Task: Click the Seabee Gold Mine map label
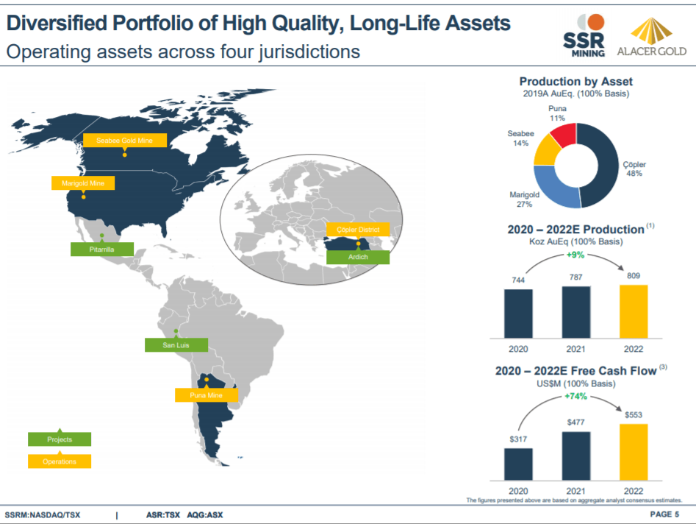click(x=124, y=140)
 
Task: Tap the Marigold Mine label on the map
click(x=83, y=183)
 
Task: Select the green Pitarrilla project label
click(x=102, y=249)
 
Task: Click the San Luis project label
click(x=176, y=344)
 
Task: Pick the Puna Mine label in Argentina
click(x=207, y=395)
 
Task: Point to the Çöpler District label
click(x=358, y=230)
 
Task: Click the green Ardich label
click(x=358, y=258)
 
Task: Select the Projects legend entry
click(x=60, y=439)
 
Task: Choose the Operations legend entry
click(x=60, y=461)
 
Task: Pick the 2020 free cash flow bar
click(x=518, y=464)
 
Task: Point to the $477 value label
click(x=576, y=422)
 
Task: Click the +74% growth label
click(x=576, y=396)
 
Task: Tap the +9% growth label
click(x=575, y=255)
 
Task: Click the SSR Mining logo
click(x=584, y=35)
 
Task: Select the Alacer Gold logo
click(x=651, y=37)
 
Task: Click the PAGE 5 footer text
click(x=664, y=514)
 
